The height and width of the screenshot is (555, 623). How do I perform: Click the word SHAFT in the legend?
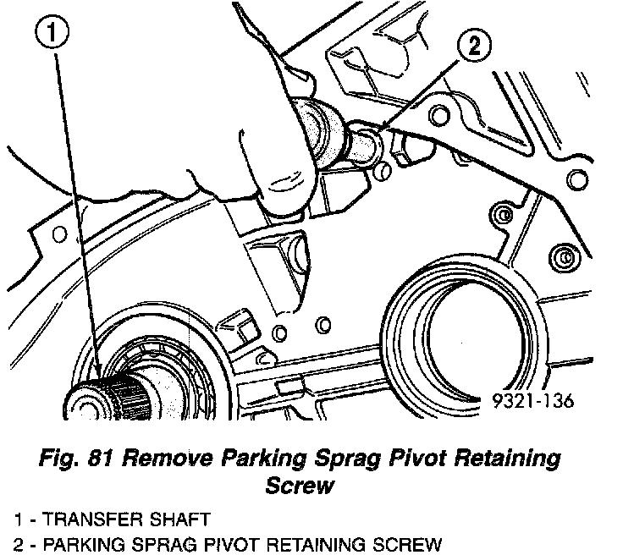pos(162,518)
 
